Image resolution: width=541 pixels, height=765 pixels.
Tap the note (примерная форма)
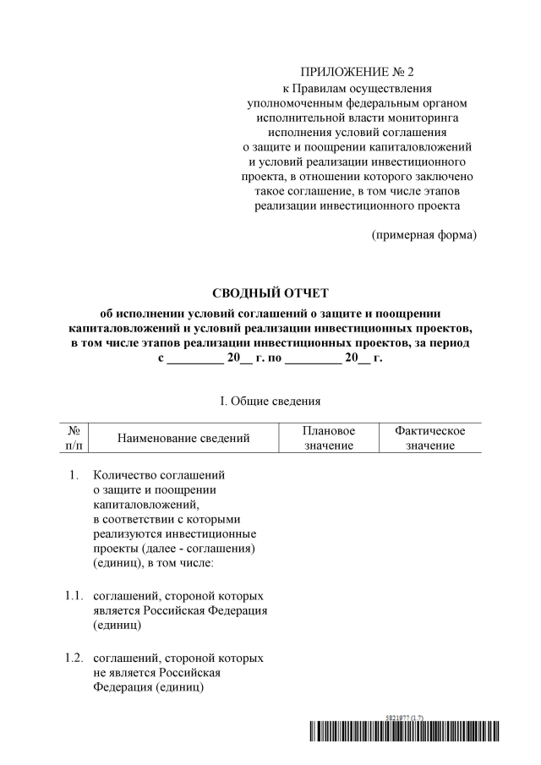click(x=424, y=234)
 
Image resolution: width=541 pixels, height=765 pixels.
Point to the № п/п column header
click(x=73, y=438)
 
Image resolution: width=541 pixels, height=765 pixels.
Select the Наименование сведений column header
click(x=183, y=438)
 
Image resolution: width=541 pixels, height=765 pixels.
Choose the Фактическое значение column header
click(x=429, y=438)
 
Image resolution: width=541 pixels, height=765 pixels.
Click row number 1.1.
click(x=73, y=595)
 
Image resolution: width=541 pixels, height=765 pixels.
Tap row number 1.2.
click(x=73, y=657)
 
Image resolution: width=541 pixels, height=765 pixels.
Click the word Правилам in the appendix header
click(x=317, y=88)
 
